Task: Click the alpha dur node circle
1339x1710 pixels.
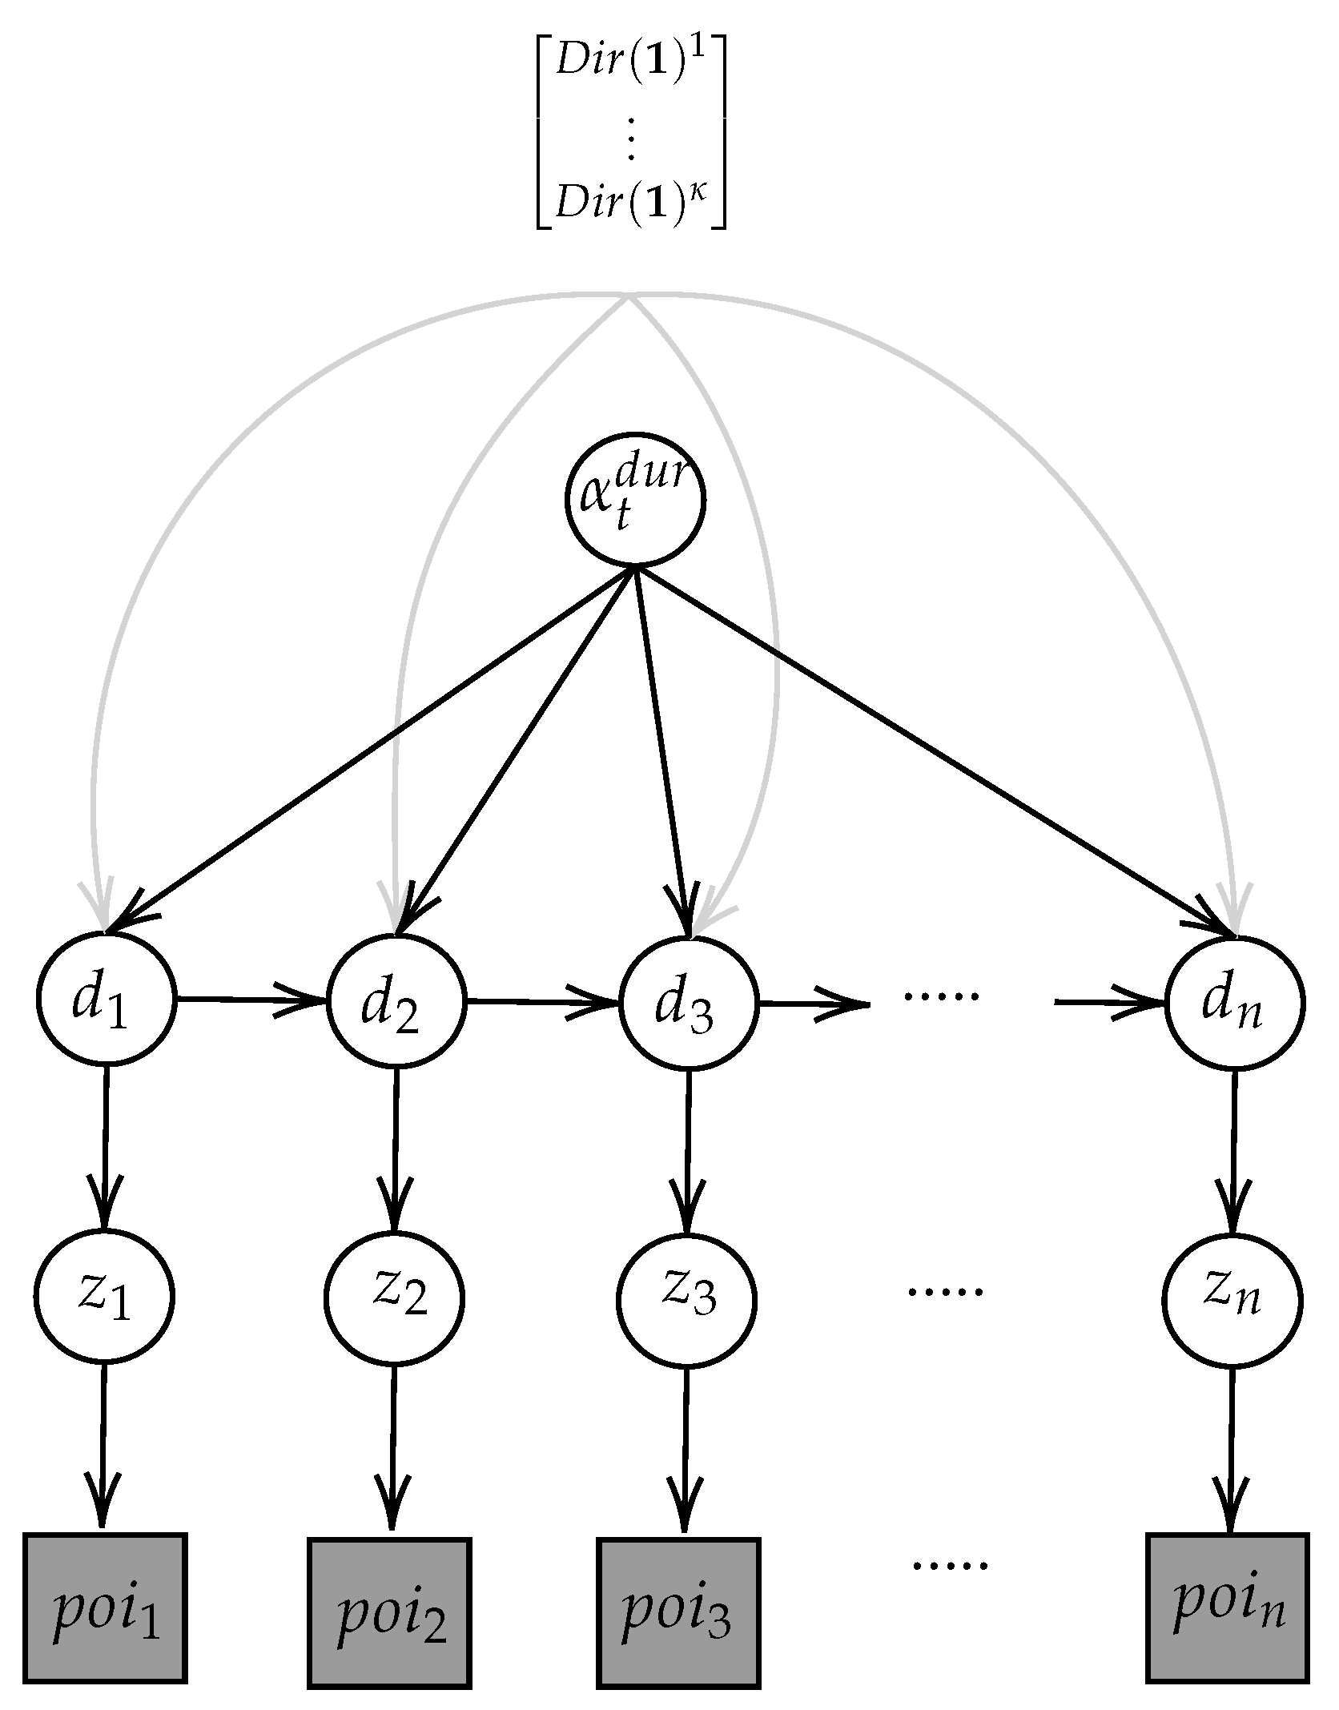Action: (635, 501)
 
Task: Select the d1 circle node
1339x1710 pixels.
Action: (105, 1000)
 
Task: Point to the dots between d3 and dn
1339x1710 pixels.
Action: (940, 996)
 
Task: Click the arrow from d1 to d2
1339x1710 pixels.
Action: (252, 1000)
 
